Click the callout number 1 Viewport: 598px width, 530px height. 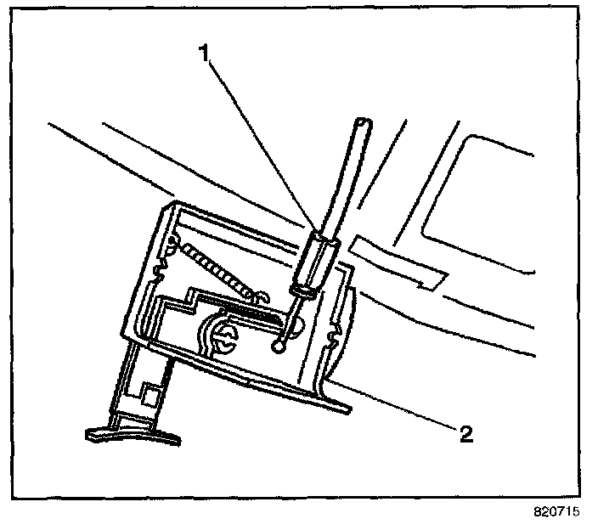point(203,54)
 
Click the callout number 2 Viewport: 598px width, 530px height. point(465,434)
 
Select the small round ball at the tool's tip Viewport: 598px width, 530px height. point(280,347)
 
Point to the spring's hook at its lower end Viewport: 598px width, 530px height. point(262,295)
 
